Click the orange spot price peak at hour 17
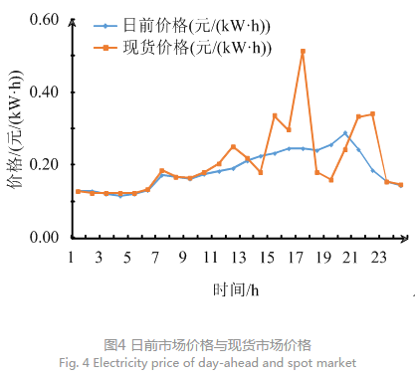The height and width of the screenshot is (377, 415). [x=303, y=51]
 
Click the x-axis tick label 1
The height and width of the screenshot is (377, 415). [x=72, y=257]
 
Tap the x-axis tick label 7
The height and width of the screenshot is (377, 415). [x=154, y=257]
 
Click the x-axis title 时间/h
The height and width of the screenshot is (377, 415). [x=236, y=289]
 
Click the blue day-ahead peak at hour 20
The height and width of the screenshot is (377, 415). [x=345, y=132]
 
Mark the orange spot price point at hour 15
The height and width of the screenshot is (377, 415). [x=275, y=115]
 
